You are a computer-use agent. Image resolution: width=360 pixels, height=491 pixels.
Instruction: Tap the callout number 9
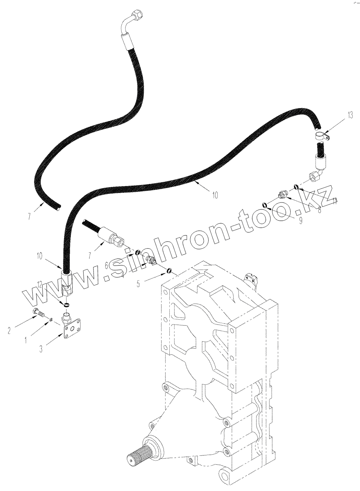[x=300, y=221]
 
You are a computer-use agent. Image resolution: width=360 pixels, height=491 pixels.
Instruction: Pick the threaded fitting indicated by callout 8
[x=283, y=194]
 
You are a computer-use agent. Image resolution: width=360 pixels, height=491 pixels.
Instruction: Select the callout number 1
[x=26, y=340]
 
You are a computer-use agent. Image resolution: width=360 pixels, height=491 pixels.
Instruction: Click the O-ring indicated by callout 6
[x=138, y=252]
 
